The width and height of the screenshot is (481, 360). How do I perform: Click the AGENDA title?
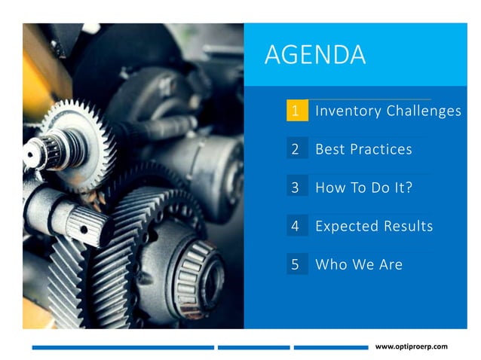click(x=315, y=55)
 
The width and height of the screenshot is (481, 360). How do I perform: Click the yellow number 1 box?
click(x=296, y=111)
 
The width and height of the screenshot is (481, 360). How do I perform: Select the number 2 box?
click(x=296, y=149)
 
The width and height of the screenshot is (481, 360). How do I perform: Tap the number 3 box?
click(x=296, y=188)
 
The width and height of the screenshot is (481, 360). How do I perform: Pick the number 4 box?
click(x=296, y=226)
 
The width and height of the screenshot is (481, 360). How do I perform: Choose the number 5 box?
click(x=296, y=264)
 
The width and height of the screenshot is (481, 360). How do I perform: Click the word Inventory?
click(x=348, y=111)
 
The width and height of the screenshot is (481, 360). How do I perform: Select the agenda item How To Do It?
click(x=363, y=188)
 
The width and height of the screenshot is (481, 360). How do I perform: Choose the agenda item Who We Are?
click(x=358, y=264)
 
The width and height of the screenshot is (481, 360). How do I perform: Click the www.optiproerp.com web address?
click(x=411, y=346)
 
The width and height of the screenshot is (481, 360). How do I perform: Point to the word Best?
click(x=329, y=149)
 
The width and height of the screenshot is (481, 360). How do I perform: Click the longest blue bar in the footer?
click(x=123, y=347)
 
